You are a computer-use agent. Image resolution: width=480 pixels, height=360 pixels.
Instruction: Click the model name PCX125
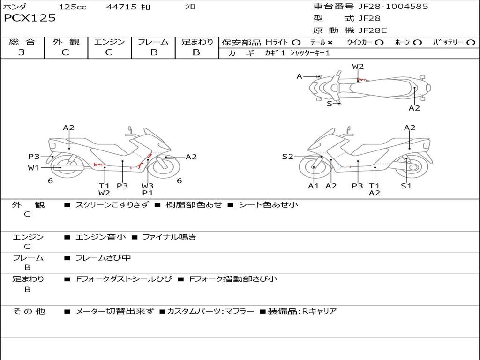pos(30,18)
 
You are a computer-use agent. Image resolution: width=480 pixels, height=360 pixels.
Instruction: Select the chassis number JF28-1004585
pos(393,7)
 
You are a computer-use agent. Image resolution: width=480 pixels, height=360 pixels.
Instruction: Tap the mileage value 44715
pos(121,7)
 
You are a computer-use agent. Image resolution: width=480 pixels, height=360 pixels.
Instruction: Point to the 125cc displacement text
pos(73,7)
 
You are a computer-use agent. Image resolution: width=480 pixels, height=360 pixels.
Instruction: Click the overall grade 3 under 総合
pos(22,52)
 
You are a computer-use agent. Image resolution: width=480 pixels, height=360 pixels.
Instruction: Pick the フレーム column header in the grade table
pos(153,42)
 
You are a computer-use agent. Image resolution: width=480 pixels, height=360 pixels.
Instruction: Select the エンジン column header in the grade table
pos(109,42)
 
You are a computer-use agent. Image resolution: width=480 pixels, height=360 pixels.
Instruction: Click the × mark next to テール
pos(330,43)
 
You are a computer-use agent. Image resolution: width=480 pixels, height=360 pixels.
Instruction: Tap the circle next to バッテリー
pos(471,43)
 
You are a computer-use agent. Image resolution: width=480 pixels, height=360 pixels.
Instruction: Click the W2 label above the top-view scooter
pos(358,67)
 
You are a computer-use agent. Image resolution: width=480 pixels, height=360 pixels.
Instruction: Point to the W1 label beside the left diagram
pos(33,168)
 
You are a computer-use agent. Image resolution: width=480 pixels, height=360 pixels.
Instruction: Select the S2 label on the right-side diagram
pos(287,157)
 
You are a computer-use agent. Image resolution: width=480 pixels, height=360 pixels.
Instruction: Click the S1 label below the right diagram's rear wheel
pos(406,186)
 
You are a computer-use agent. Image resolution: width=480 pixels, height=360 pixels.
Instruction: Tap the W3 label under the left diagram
pos(148,186)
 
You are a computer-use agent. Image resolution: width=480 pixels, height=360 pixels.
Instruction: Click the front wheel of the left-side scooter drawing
pos(166,167)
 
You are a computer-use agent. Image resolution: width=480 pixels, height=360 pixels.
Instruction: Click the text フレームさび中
pos(103,258)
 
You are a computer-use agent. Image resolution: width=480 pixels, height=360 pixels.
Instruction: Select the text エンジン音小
pos(101,237)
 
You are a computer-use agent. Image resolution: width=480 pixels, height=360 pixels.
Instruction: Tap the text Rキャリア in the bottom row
pos(319,311)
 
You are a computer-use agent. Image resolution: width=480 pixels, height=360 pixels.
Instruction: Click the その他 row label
pos(29,311)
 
